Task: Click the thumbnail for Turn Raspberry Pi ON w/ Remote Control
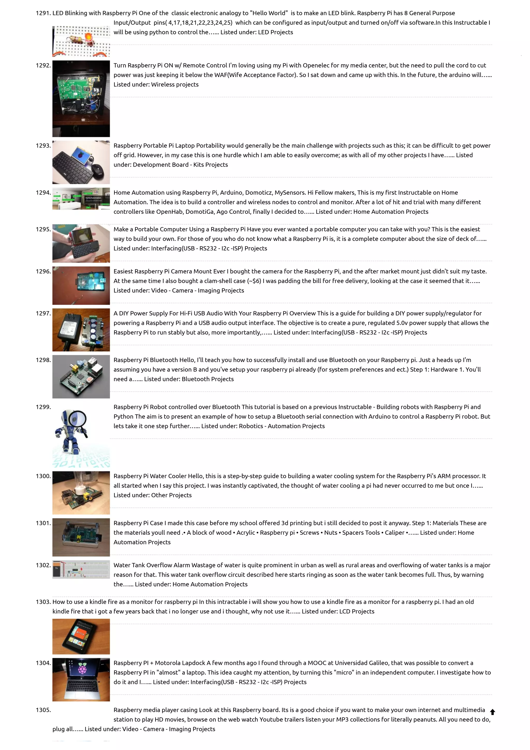pos(81,98)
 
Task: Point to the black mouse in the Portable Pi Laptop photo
pos(97,169)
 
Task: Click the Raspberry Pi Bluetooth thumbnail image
pos(81,377)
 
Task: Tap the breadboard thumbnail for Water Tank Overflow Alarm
pos(81,570)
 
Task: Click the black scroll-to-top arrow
pos(492,712)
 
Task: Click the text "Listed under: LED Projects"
pos(257,32)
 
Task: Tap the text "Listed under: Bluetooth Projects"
pos(189,379)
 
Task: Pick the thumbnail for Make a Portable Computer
pos(81,243)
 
